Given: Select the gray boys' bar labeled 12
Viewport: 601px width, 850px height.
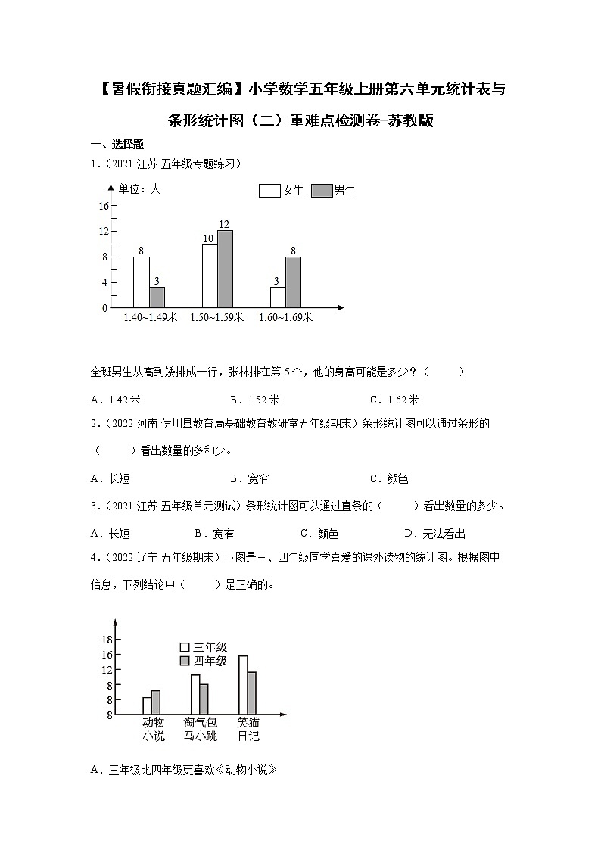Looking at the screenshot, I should tap(225, 269).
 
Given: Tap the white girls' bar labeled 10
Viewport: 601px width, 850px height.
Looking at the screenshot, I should tap(210, 276).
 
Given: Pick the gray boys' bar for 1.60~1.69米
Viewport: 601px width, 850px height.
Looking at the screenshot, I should tap(293, 282).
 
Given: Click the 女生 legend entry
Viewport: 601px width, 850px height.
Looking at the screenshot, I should tap(281, 191).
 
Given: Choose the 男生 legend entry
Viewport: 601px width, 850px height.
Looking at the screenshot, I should tap(333, 191).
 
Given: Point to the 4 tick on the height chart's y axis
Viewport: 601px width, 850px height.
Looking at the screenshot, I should tap(104, 283).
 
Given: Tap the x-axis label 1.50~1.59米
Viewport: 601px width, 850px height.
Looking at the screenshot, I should tap(217, 319).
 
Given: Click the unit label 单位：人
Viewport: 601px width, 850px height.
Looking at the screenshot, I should tap(141, 189).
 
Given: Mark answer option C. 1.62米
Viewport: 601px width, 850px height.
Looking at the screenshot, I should tap(394, 400).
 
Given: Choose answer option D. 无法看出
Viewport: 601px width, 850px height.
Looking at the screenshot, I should tap(434, 534).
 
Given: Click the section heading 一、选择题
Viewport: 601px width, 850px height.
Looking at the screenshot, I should tap(117, 145).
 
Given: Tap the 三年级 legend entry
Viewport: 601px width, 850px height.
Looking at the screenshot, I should tap(203, 647).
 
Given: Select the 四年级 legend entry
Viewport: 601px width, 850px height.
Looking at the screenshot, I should tap(203, 661).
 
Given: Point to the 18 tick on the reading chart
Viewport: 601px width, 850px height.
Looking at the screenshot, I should tap(107, 640).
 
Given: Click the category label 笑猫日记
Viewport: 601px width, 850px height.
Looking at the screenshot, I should tap(248, 729).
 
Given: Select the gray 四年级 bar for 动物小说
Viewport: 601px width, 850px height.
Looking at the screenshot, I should tap(156, 702).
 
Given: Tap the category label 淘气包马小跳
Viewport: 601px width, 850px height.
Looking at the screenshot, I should tap(200, 729).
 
